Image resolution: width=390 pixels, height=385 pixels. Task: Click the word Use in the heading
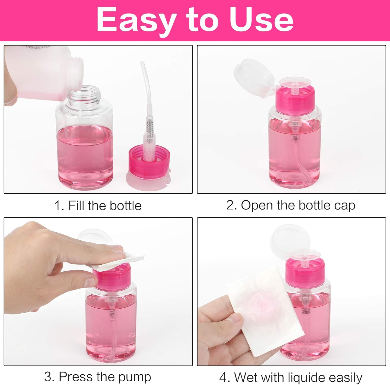tap(261, 20)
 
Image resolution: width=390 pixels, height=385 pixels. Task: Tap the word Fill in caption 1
tap(76, 206)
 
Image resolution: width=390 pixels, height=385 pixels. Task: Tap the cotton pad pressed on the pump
tap(122, 261)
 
